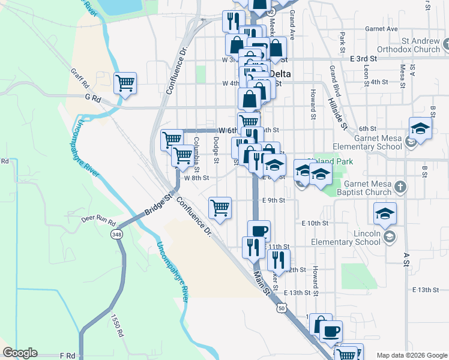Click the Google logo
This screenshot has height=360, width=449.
click(x=20, y=353)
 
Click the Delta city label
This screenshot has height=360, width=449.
click(x=280, y=74)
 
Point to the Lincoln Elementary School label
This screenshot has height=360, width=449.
click(x=351, y=238)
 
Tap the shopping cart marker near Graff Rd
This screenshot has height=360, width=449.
click(x=125, y=83)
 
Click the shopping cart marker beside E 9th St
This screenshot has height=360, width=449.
click(x=220, y=208)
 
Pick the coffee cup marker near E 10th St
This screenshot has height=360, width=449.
click(x=259, y=230)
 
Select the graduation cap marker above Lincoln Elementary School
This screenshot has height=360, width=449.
click(x=385, y=213)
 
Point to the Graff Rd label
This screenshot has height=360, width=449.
click(x=79, y=77)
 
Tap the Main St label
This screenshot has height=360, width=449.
click(x=261, y=283)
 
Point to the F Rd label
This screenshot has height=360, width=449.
click(x=67, y=356)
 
